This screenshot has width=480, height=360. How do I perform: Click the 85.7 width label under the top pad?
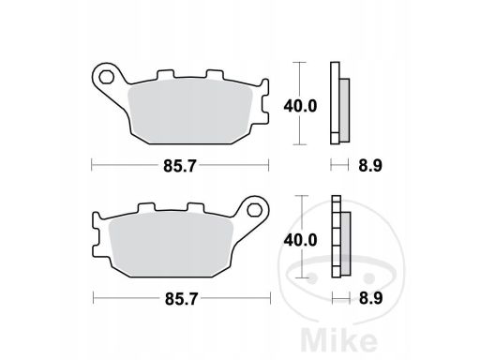(x=180, y=166)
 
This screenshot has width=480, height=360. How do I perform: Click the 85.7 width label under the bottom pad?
(x=181, y=299)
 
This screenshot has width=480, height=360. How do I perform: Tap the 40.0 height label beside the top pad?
(x=300, y=106)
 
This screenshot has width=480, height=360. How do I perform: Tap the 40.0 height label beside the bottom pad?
(x=300, y=240)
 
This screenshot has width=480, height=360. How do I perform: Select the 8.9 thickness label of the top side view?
(x=370, y=166)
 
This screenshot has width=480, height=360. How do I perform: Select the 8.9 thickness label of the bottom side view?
(x=370, y=298)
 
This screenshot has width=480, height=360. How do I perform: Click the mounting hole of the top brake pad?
(x=106, y=77)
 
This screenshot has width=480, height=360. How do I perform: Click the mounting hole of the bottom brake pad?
(x=254, y=210)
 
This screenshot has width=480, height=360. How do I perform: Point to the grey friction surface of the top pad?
(x=190, y=112)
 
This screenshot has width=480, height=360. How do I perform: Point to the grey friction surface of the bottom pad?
(x=172, y=245)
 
